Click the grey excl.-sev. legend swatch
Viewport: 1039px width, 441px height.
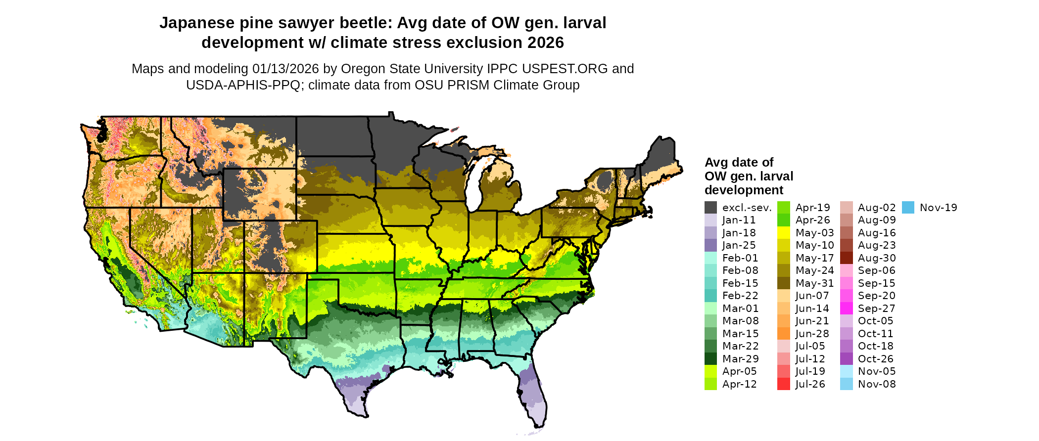[710, 208]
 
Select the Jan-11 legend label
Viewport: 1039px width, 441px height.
[739, 220]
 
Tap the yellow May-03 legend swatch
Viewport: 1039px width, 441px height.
[784, 233]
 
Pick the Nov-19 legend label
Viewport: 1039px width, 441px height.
[938, 208]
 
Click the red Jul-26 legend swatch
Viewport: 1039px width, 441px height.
[784, 384]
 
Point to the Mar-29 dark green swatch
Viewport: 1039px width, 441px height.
[710, 359]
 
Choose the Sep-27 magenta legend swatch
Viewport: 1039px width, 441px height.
[846, 309]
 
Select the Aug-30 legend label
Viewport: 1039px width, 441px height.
[877, 258]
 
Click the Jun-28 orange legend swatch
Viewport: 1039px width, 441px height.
[784, 334]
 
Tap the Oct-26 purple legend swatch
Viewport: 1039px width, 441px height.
[846, 359]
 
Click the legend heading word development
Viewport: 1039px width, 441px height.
[744, 190]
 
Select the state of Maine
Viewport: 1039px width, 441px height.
[660, 158]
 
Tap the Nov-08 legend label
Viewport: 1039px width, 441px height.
[877, 384]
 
